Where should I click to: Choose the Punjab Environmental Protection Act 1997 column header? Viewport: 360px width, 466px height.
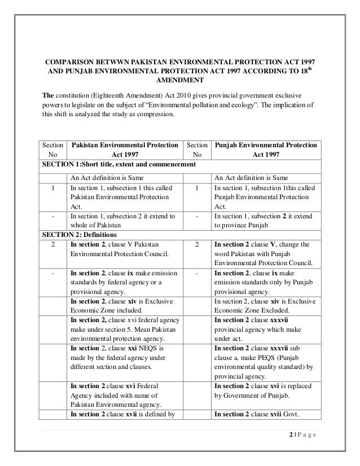tap(265, 151)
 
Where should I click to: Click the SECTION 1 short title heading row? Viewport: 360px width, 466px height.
tap(118, 164)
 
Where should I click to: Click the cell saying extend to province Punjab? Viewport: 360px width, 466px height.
tap(265, 221)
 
